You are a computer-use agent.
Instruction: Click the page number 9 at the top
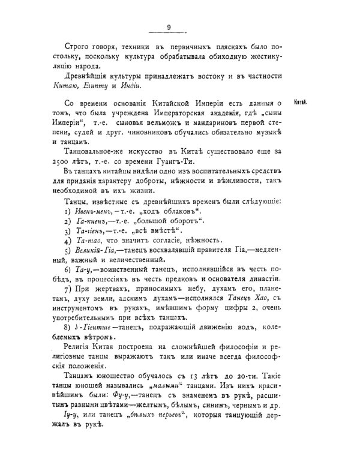coord(169,26)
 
